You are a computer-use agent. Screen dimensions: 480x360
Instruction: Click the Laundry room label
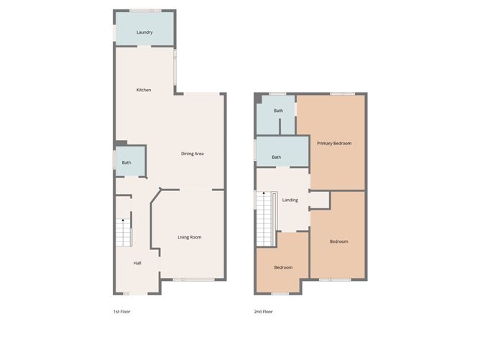144,32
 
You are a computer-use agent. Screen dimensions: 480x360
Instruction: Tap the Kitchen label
144,90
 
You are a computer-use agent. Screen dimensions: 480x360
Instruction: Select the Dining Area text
193,154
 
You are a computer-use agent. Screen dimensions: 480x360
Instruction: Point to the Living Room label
190,237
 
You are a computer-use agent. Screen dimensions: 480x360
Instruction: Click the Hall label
137,263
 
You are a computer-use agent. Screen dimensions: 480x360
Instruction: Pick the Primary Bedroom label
334,143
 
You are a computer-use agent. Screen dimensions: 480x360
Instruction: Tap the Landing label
290,200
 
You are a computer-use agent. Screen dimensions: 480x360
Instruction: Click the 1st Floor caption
122,312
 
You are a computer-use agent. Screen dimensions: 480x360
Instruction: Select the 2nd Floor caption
263,312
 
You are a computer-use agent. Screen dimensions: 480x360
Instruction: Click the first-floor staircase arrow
123,220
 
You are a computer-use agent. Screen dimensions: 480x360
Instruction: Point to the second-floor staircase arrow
264,193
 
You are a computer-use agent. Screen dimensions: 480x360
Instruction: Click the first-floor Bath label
126,162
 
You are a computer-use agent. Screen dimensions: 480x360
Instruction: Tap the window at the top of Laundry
145,11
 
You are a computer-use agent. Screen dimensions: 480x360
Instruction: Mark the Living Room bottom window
193,280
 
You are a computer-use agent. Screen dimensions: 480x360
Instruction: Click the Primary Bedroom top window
342,93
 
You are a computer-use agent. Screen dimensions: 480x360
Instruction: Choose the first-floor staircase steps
124,233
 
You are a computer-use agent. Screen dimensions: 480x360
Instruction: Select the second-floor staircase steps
264,219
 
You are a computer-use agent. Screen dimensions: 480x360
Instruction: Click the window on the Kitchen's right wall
175,68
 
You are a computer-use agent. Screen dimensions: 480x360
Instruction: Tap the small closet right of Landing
320,200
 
